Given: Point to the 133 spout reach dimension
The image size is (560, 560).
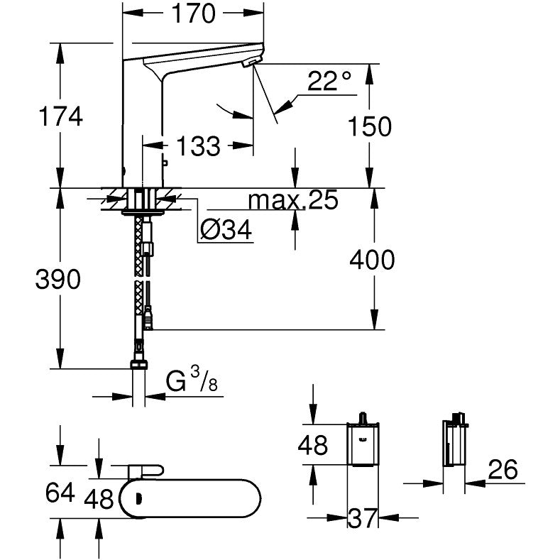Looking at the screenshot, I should pos(197,146).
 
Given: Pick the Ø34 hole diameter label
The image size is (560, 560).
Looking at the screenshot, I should pos(225,230).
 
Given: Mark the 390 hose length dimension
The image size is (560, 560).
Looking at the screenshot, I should pos(59,279).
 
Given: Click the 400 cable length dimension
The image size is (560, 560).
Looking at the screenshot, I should pos(372,260).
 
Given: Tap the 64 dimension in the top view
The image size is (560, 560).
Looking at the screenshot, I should pos(59,491).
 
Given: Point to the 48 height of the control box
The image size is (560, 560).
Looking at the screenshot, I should pos(312,445).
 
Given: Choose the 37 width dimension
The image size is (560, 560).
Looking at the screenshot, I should pos(363,520).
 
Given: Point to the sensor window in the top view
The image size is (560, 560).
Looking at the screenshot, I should pos(138,498).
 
